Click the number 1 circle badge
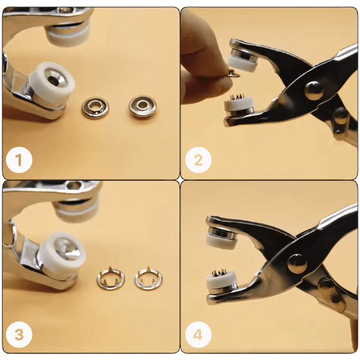tap(19, 160)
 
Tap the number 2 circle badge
tap(198, 160)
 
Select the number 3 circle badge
tap(19, 335)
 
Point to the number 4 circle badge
tap(198, 335)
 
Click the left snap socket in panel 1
tap(95, 107)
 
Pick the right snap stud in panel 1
tap(143, 106)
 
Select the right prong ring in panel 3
tap(148, 278)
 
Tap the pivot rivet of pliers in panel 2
tap(314, 91)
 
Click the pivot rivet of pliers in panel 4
tap(298, 264)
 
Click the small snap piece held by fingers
tap(234, 73)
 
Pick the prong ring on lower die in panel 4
tap(218, 272)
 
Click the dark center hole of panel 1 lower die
tap(54, 80)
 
